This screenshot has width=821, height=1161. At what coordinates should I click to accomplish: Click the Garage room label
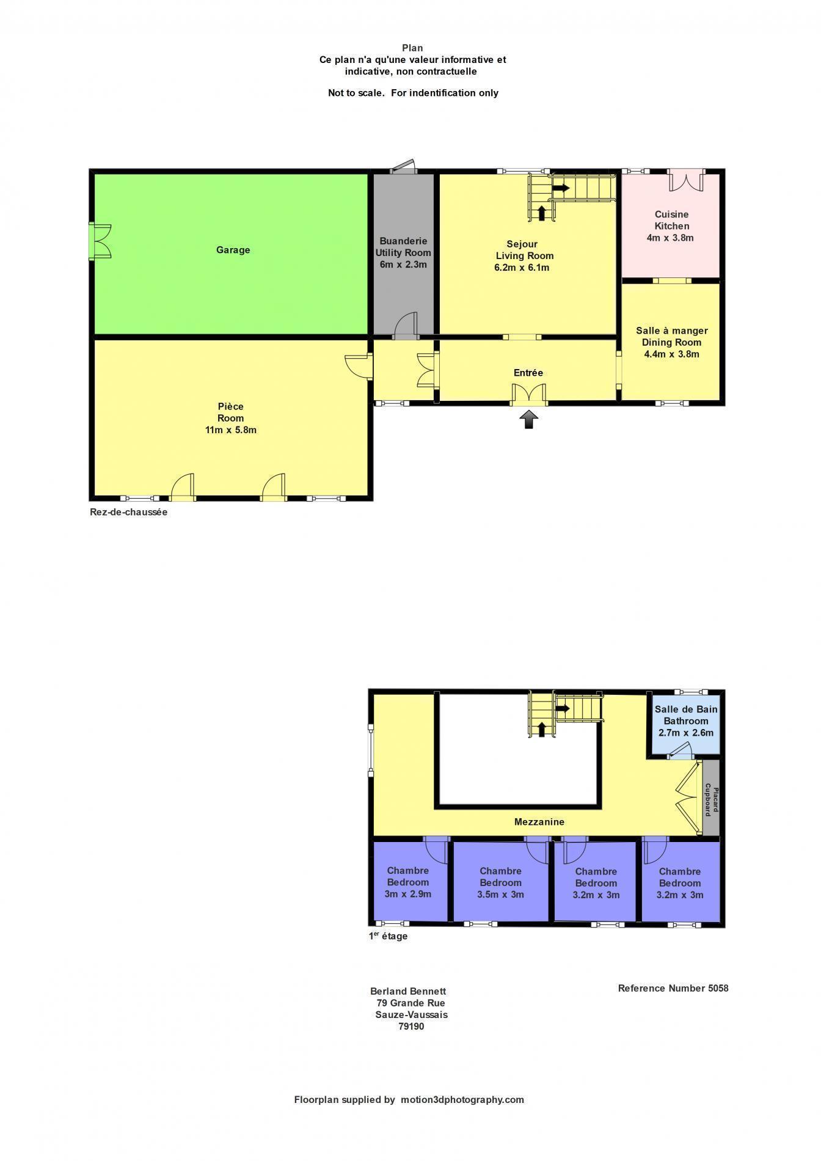(233, 250)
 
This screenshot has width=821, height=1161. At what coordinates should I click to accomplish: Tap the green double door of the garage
(101, 241)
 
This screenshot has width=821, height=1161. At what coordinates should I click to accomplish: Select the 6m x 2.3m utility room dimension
(403, 265)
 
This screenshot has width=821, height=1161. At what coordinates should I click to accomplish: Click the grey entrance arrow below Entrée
(529, 419)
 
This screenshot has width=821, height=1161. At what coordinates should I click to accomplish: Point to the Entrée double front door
(529, 395)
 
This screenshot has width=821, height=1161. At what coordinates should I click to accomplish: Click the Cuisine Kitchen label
(671, 220)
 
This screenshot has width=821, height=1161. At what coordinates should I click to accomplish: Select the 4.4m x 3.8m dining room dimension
(671, 354)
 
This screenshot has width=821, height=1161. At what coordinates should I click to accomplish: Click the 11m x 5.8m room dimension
(231, 430)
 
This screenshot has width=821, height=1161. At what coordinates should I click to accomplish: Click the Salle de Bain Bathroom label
(686, 715)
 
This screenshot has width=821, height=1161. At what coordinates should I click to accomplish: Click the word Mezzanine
(539, 822)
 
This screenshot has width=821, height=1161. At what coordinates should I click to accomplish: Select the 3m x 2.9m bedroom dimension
(408, 894)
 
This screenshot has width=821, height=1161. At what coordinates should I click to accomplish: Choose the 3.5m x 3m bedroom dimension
(501, 895)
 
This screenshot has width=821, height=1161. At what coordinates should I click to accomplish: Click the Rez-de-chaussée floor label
(128, 512)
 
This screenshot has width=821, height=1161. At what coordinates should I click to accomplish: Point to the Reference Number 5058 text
(673, 988)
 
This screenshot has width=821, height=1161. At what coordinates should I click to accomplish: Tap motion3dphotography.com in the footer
(462, 1099)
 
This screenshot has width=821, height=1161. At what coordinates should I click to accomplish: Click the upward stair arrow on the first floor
(541, 729)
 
